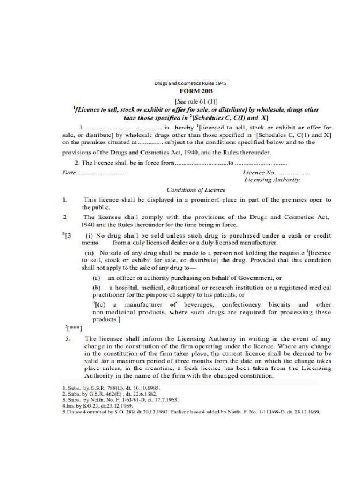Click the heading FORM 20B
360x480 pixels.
point(192,91)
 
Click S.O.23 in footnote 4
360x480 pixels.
point(86,406)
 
